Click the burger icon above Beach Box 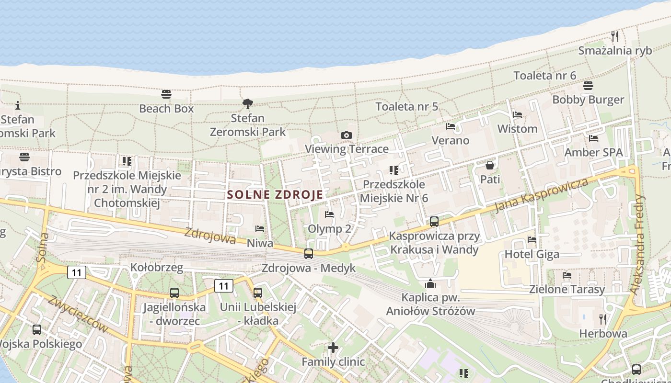click(166, 94)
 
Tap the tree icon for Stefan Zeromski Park click(248, 103)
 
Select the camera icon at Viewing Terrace click(347, 135)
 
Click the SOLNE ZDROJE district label click(276, 195)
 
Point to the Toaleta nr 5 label click(406, 107)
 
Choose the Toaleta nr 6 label click(544, 76)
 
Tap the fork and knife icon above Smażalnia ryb click(615, 36)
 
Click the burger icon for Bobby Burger click(588, 86)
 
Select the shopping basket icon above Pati click(490, 166)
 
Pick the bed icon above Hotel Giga click(532, 240)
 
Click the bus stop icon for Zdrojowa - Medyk click(309, 254)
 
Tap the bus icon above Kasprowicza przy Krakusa click(434, 222)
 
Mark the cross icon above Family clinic click(333, 348)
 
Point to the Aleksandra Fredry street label click(642, 244)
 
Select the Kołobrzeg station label click(157, 268)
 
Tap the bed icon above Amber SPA click(593, 138)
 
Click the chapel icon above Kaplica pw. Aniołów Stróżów click(430, 283)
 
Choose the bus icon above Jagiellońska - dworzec click(174, 293)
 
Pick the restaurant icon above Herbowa click(603, 319)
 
